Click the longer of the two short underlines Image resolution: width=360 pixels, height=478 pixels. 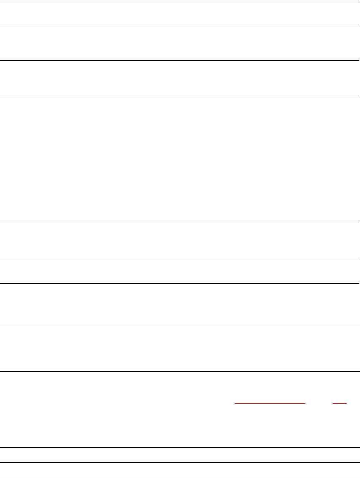click(x=270, y=403)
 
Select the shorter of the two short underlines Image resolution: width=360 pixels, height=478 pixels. click(x=340, y=403)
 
